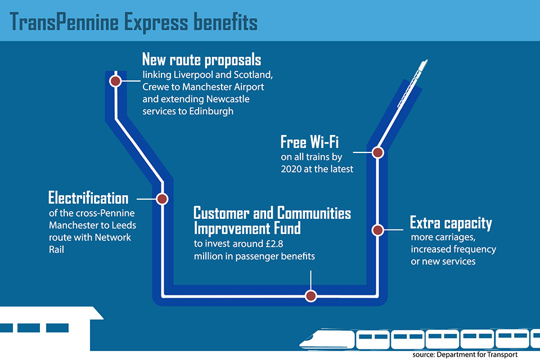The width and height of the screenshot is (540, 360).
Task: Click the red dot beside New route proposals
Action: tap(116, 81)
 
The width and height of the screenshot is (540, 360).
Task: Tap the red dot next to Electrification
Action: tap(162, 199)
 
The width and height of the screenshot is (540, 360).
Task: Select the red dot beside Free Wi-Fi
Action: tap(378, 152)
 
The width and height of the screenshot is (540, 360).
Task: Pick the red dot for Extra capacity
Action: tap(378, 229)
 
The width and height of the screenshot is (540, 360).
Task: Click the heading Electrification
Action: tap(88, 198)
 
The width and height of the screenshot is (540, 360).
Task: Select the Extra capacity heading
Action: tap(451, 223)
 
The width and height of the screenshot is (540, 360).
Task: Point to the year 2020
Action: tap(293, 167)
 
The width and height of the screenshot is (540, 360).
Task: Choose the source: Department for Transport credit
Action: tap(464, 354)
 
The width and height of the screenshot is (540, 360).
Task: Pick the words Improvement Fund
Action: tap(247, 228)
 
